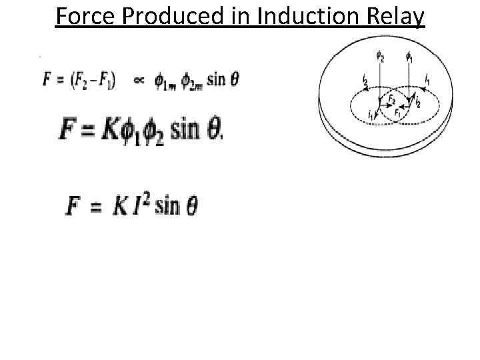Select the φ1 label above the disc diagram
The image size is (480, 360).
click(409, 58)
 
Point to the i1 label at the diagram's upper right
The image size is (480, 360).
click(427, 79)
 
